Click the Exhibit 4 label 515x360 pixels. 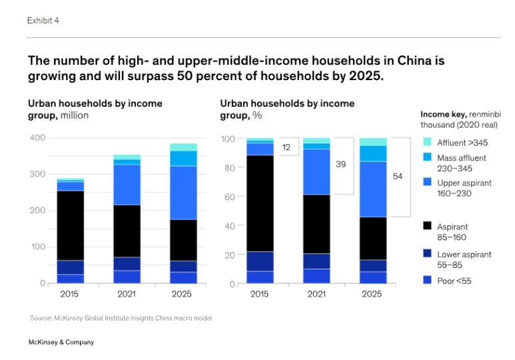[43, 21]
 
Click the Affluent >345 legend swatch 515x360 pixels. [426, 143]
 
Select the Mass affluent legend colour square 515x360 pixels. [426, 159]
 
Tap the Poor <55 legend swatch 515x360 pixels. [426, 281]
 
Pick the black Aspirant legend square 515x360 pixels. [426, 227]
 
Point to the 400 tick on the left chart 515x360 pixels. [37, 138]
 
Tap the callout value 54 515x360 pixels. [398, 177]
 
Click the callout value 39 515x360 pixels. [340, 164]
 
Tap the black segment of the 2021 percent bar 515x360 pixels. [316, 224]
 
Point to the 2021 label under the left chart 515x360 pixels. [126, 294]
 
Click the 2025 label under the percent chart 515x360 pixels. [373, 294]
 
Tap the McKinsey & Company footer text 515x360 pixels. [61, 342]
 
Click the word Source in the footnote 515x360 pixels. [41, 318]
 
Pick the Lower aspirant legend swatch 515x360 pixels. [426, 254]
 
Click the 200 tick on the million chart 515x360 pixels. [37, 211]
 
